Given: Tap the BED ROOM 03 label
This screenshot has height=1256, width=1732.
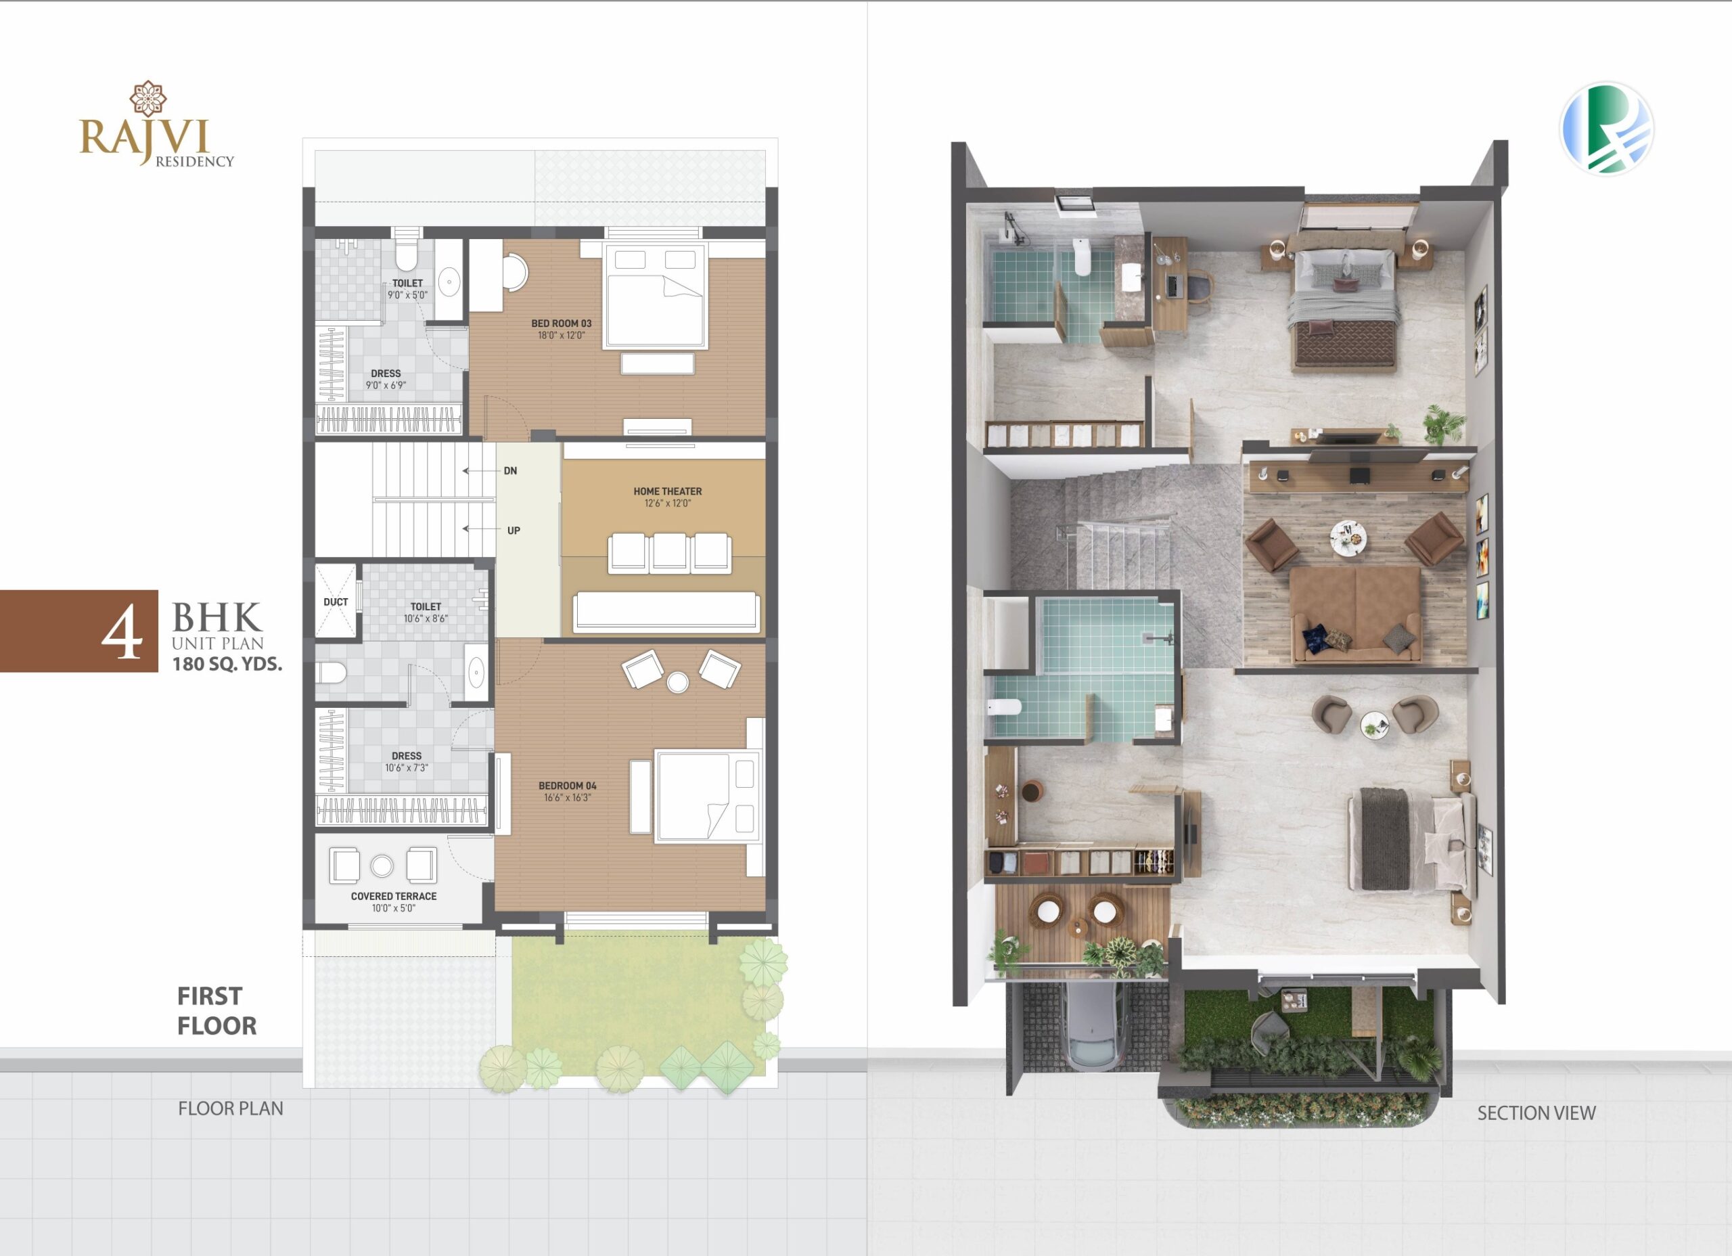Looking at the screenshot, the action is pos(562,323).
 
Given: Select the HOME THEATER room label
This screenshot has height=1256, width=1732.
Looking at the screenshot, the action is pos(668,491).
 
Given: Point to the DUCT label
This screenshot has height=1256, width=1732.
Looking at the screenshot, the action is pos(336,602).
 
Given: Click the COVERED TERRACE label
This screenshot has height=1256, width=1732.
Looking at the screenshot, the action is pos(393,896).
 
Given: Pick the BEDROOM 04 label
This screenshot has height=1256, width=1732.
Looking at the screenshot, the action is pos(568,786).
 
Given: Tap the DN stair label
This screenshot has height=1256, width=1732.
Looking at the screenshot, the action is pos(510,470).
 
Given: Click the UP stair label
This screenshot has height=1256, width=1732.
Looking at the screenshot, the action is pos(514,530).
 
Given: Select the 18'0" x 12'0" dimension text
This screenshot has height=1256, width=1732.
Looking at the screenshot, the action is pos(562,336).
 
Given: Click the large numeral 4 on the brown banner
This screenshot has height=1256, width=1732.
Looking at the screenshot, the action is pos(122,634).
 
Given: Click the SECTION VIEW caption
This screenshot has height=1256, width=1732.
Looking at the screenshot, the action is pos(1536,1113).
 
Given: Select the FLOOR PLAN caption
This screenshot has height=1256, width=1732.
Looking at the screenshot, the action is pos(231,1108).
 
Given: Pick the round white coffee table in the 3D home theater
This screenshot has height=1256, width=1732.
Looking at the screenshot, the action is pos(1348,535).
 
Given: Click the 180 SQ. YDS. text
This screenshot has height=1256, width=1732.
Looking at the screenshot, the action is pos(227,664).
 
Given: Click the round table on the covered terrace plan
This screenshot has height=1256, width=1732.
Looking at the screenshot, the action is pos(382,866).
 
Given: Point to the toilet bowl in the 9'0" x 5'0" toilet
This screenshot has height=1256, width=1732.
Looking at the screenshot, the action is pos(406,254).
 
